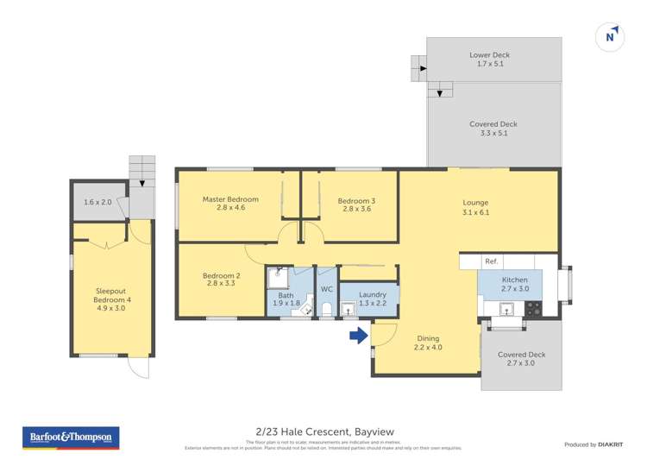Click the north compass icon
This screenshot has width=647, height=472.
point(611,36)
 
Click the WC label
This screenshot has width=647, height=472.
point(326,289)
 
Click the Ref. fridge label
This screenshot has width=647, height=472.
point(491,261)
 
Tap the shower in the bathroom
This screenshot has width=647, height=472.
point(276,276)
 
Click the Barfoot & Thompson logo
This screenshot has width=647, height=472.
point(70,438)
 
